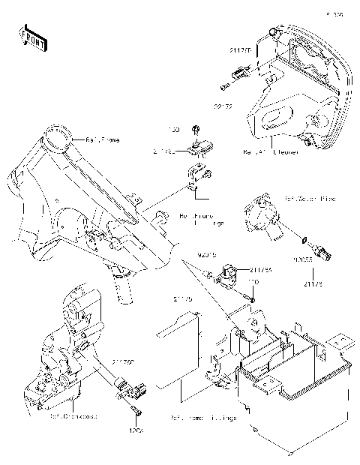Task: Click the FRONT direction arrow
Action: click(x=30, y=37)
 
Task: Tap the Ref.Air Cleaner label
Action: click(x=270, y=152)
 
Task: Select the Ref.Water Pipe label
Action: click(x=310, y=199)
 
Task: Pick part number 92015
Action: click(x=207, y=256)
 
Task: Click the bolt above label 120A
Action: click(x=133, y=411)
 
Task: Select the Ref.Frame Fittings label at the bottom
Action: click(x=204, y=418)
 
